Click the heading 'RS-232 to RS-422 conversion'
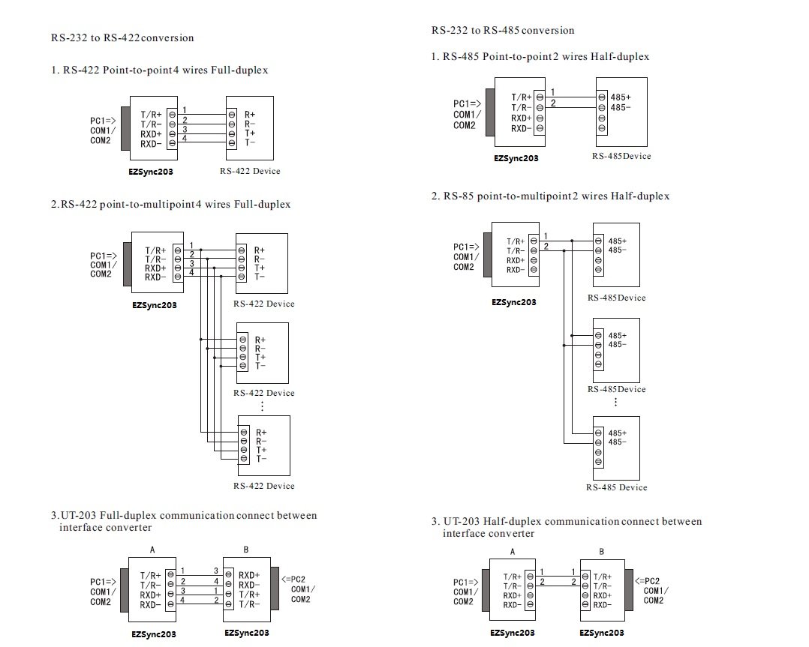click(x=122, y=37)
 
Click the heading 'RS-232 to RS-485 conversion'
click(x=503, y=31)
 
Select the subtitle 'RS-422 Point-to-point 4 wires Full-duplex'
click(x=159, y=70)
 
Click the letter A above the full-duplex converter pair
click(x=152, y=550)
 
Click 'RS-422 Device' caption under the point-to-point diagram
click(x=250, y=171)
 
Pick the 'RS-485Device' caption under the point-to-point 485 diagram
click(x=621, y=156)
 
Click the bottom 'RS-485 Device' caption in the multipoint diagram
click(x=616, y=487)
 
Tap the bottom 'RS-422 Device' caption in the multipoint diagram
click(x=263, y=486)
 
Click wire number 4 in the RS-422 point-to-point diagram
click(x=184, y=137)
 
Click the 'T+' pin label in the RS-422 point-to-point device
click(x=250, y=133)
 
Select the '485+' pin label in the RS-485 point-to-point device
click(x=620, y=97)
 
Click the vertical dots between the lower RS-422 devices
click(x=262, y=406)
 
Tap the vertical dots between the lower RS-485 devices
click(x=615, y=402)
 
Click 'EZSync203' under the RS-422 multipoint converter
click(x=154, y=305)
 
